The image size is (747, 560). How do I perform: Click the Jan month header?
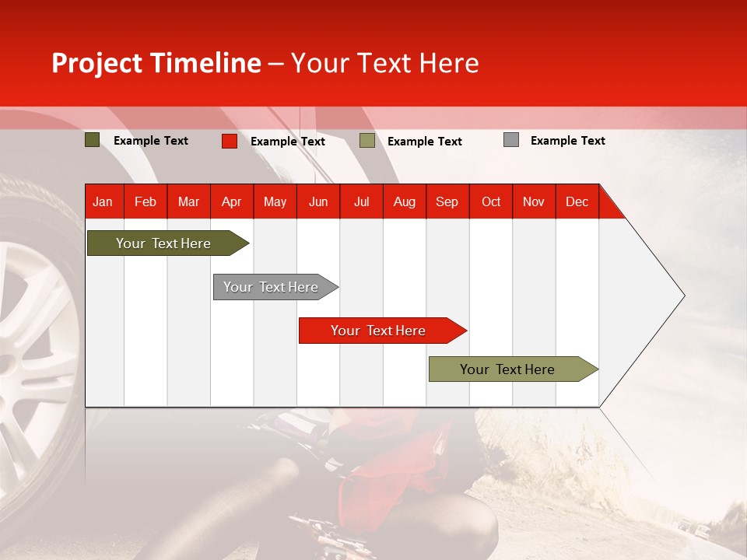103,201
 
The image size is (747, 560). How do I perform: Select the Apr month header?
232,201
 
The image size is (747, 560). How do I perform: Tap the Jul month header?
361,201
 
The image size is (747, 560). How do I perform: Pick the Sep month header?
447,201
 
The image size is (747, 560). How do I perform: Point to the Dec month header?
577,201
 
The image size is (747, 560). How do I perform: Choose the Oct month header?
491,201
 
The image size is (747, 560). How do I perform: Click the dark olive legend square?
92,140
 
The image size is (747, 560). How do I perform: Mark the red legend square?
229,141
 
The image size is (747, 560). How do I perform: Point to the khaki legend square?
367,141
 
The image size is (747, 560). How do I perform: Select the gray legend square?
510,140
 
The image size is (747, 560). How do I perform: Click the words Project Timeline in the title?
156,63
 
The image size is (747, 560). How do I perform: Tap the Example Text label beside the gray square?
567,141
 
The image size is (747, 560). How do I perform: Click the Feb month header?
146,201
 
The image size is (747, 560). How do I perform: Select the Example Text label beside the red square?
287,142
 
